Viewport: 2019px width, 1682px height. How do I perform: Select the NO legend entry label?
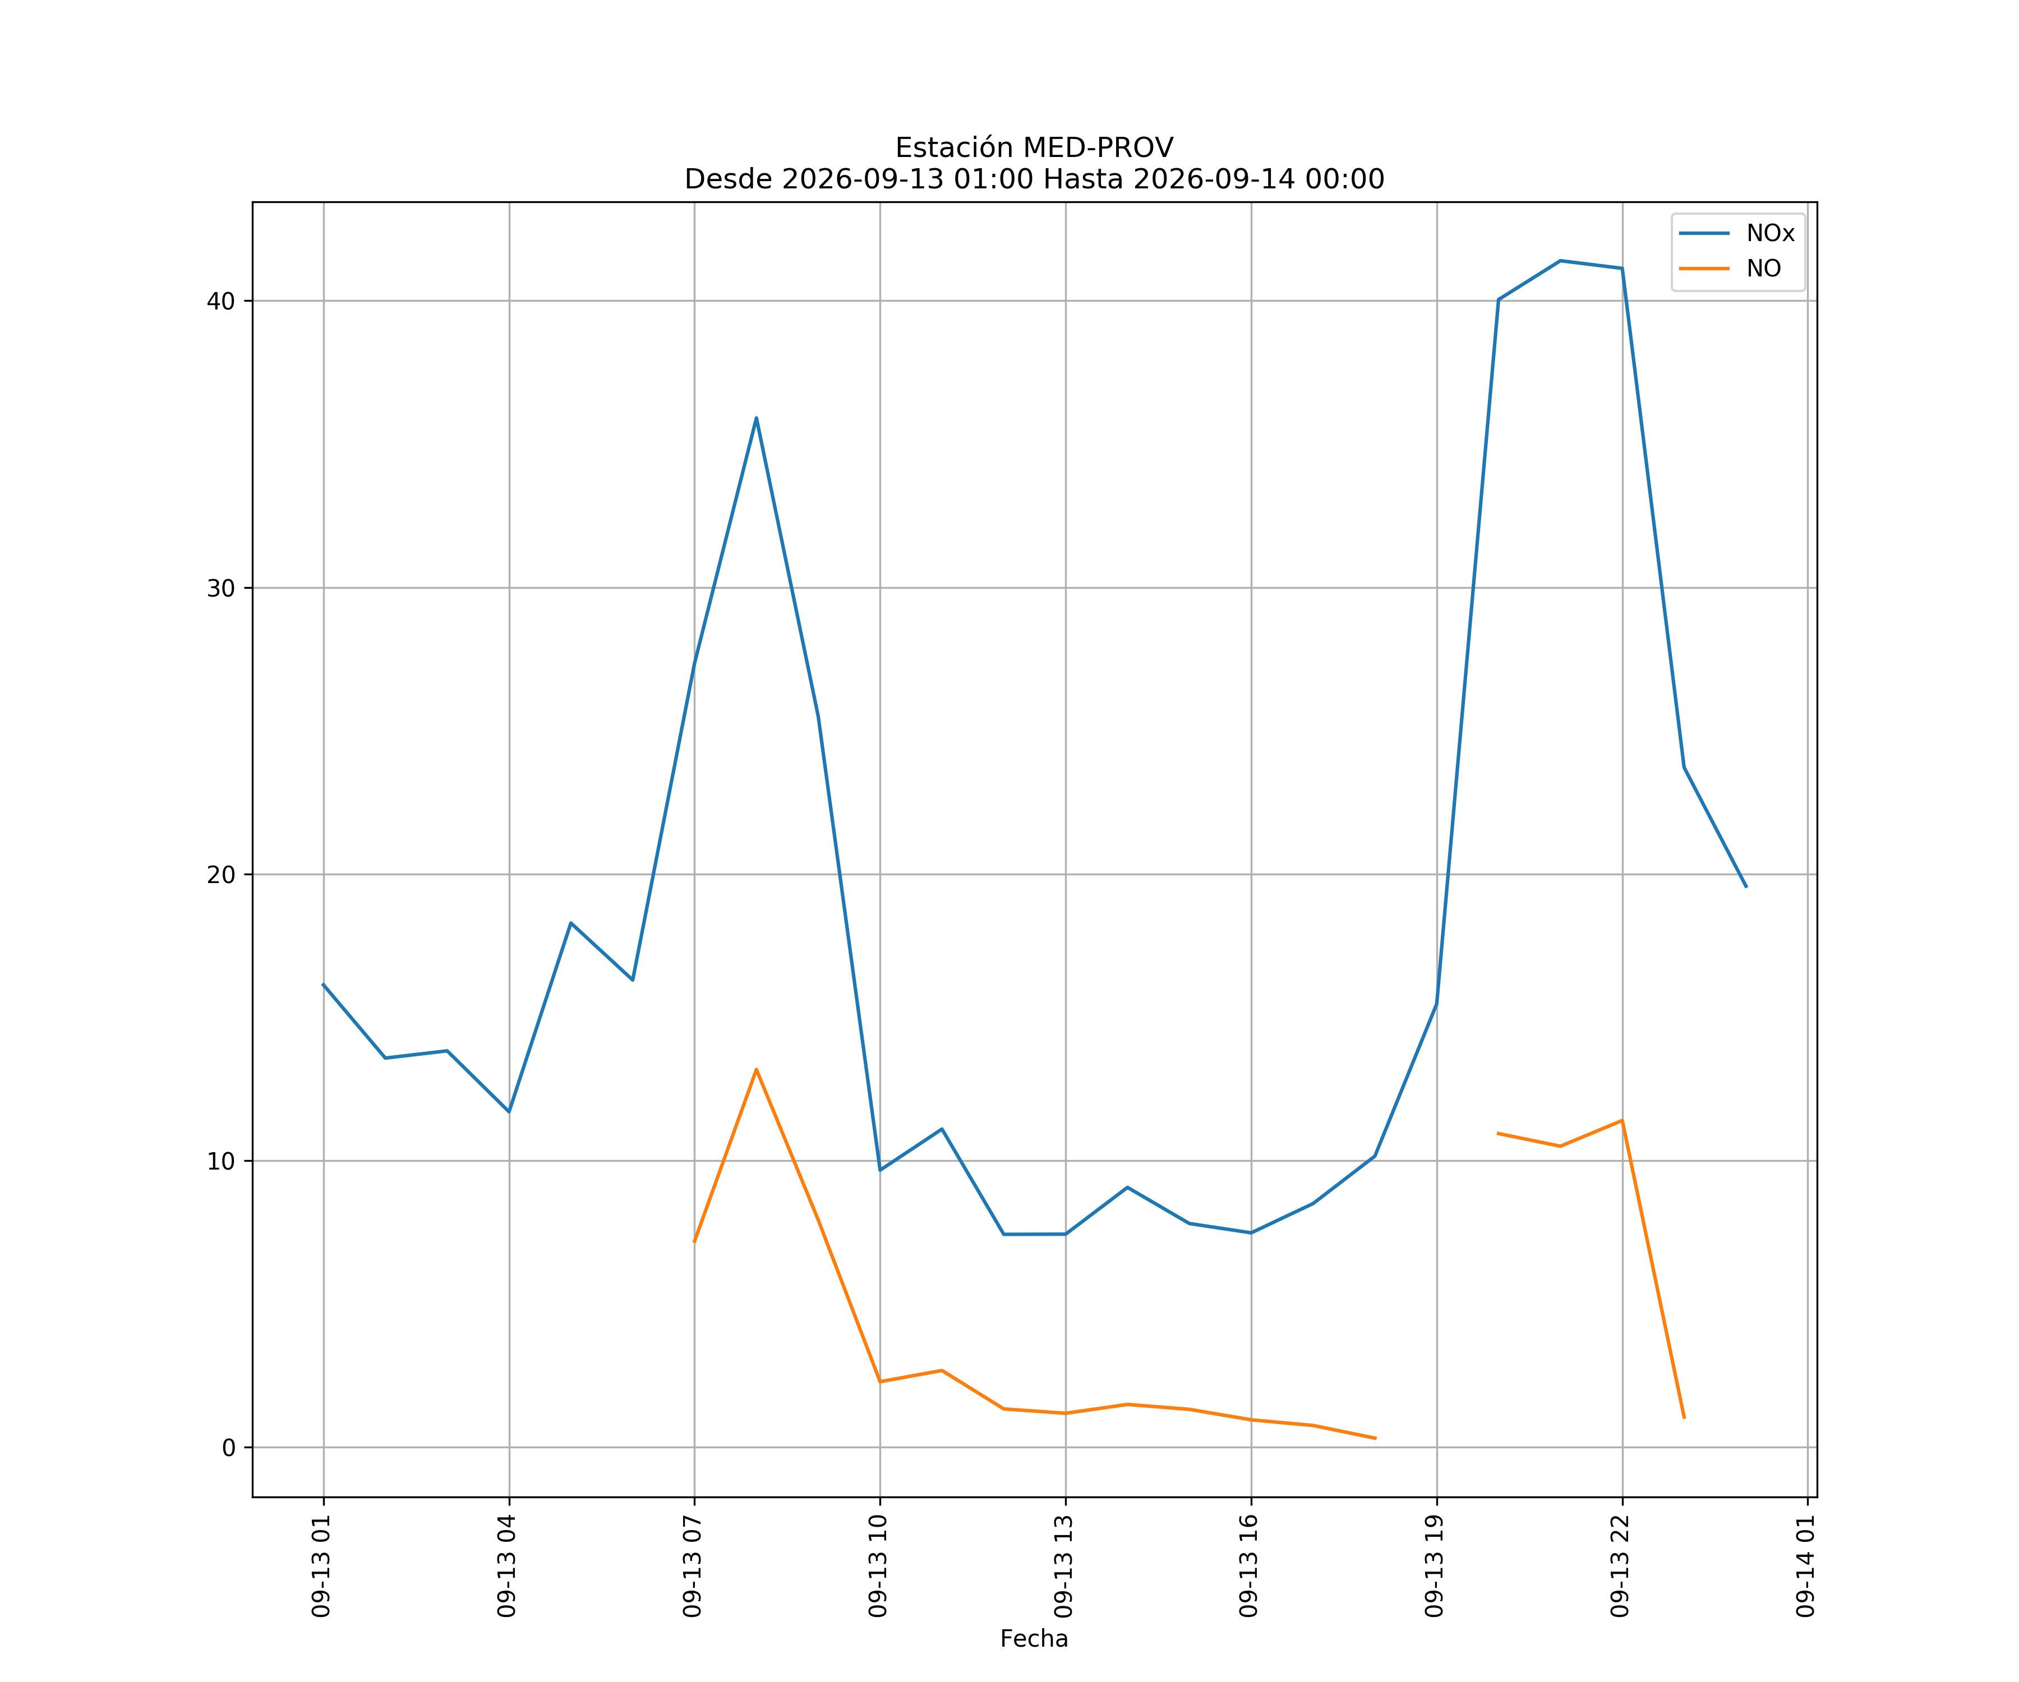1763,269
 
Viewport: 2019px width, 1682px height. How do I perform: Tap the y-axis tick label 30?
221,588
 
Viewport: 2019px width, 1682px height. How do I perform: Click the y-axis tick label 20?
221,875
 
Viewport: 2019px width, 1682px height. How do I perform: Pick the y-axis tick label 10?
221,1161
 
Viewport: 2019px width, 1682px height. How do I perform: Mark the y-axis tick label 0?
229,1448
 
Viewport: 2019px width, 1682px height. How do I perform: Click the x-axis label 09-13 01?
321,1566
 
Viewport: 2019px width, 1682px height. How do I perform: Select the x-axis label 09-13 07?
692,1566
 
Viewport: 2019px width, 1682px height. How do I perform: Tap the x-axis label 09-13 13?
1063,1566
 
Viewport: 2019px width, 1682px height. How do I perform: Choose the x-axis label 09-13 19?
1435,1566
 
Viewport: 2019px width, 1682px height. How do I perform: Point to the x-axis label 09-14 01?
1805,1566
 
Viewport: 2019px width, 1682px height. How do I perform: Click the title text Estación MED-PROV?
1035,148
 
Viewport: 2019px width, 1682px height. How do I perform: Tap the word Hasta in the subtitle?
1080,180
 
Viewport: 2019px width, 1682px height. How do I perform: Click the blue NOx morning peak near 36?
757,418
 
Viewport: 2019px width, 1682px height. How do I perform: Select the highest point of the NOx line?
1560,261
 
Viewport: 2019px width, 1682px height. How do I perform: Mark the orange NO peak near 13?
757,1070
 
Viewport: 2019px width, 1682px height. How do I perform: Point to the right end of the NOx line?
1746,886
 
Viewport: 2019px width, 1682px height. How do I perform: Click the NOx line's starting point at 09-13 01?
323,984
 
